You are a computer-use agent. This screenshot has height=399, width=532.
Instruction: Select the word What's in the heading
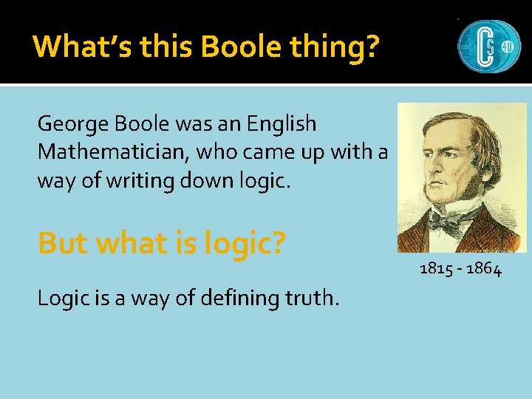click(x=74, y=47)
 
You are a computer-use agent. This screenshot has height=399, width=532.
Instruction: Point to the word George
click(x=70, y=124)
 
